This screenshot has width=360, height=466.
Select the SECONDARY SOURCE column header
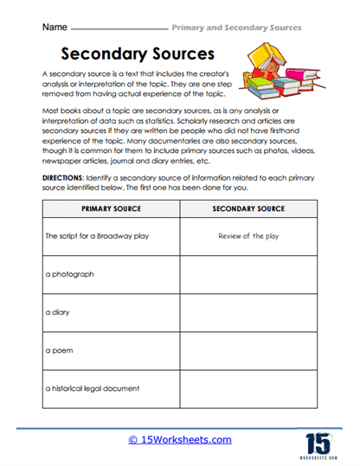pyautogui.click(x=248, y=209)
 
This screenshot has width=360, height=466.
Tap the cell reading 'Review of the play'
pyautogui.click(x=248, y=234)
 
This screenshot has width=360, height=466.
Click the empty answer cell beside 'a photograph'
pyautogui.click(x=248, y=273)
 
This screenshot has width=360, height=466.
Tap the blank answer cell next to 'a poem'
pyautogui.click(x=248, y=352)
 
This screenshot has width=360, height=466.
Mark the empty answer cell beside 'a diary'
pyautogui.click(x=248, y=312)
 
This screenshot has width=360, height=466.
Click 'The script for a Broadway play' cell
pyautogui.click(x=92, y=234)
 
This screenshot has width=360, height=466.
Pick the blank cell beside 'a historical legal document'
pyautogui.click(x=248, y=390)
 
